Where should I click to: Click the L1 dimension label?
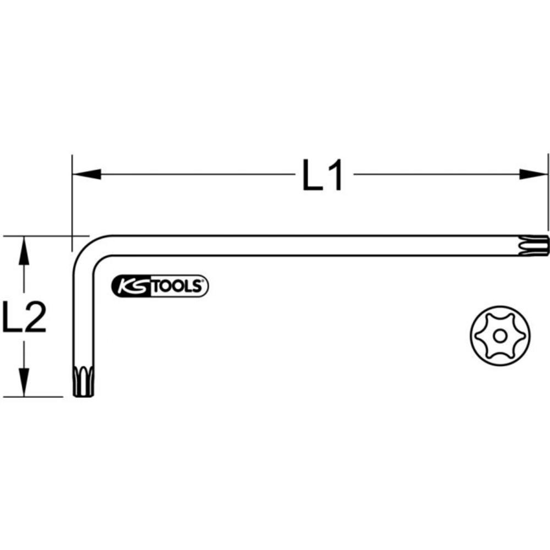click(323, 175)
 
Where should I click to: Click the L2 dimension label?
click(25, 317)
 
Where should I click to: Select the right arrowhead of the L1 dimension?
click(534, 174)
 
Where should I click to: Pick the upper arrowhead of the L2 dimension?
click(23, 251)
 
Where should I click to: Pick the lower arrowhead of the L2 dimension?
click(23, 382)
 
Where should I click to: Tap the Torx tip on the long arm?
click(540, 245)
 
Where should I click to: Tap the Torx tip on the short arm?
click(83, 380)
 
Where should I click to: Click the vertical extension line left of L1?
click(71, 198)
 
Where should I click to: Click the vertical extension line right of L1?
click(548, 193)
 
